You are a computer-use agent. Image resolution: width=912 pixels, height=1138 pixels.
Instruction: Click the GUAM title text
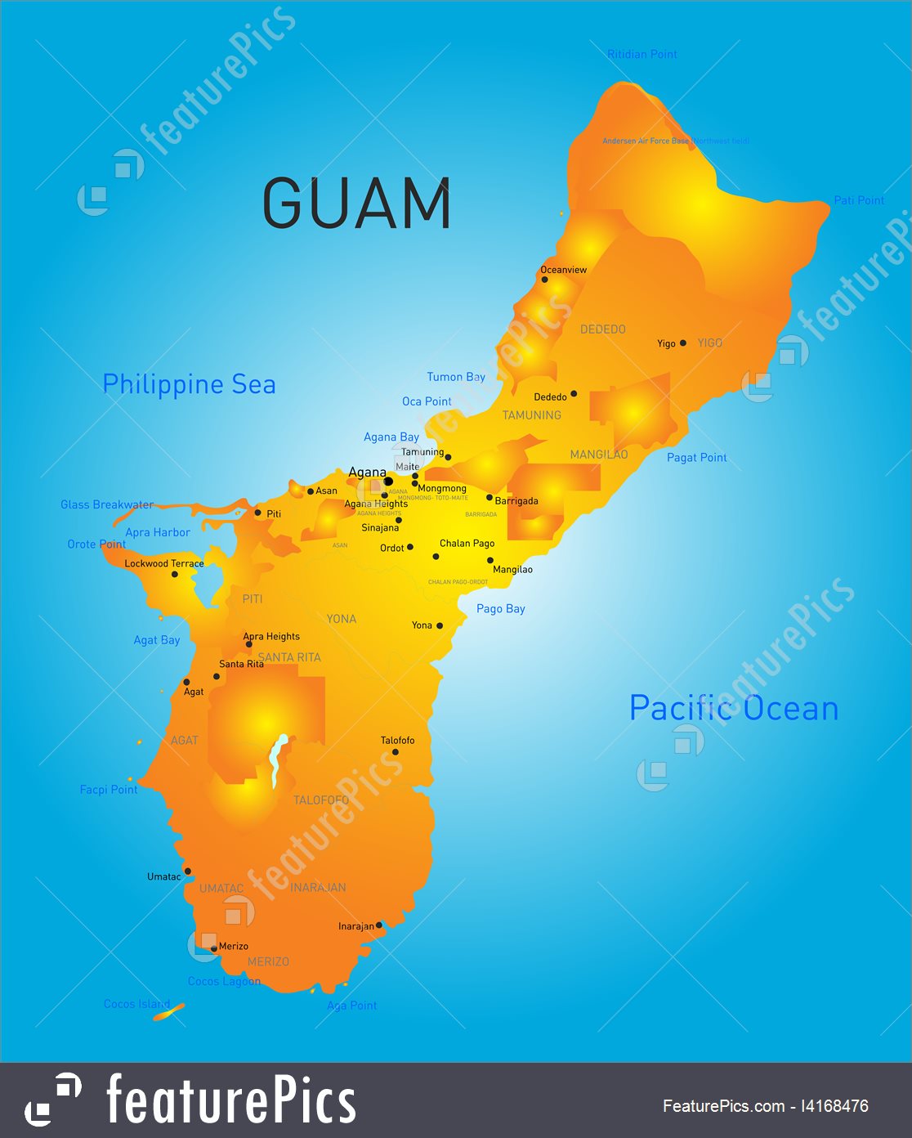coord(356,204)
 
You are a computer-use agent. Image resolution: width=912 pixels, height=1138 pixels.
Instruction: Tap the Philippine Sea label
coord(189,384)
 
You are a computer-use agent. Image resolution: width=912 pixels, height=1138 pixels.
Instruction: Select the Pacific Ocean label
coord(734,708)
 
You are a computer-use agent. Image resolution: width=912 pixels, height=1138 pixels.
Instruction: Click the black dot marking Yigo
coord(683,343)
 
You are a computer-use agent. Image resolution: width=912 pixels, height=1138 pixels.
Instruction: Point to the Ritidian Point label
coord(642,54)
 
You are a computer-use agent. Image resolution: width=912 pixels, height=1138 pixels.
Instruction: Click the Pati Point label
coord(859,200)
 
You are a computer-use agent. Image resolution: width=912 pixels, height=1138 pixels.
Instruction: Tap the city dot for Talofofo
coord(396,752)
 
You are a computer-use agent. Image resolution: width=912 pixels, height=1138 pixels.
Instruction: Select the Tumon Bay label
coord(456,377)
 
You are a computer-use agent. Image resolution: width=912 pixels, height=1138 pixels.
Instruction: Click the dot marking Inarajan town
coord(379,925)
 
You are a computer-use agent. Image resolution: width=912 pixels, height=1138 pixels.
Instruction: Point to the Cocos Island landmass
coord(169,1013)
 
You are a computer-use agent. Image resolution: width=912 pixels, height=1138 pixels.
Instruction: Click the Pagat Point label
coord(696,458)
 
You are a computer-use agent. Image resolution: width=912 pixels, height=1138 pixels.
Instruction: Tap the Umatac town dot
coord(188,871)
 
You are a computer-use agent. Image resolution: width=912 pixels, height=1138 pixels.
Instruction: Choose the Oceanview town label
coord(563,270)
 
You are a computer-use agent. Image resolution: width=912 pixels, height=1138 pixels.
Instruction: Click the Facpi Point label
coord(109,790)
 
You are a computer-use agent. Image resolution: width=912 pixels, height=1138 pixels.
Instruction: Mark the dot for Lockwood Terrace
coord(175,575)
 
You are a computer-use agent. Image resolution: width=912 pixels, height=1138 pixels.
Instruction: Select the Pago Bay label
coord(500,609)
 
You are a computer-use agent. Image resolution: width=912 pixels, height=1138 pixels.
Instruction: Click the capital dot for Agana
coord(388,482)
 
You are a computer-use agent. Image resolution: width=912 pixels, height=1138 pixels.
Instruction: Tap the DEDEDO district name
coord(602,329)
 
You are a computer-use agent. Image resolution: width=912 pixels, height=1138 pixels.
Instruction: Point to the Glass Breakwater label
coord(107,504)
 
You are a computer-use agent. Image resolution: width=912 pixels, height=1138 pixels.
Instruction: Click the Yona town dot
coord(440,625)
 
